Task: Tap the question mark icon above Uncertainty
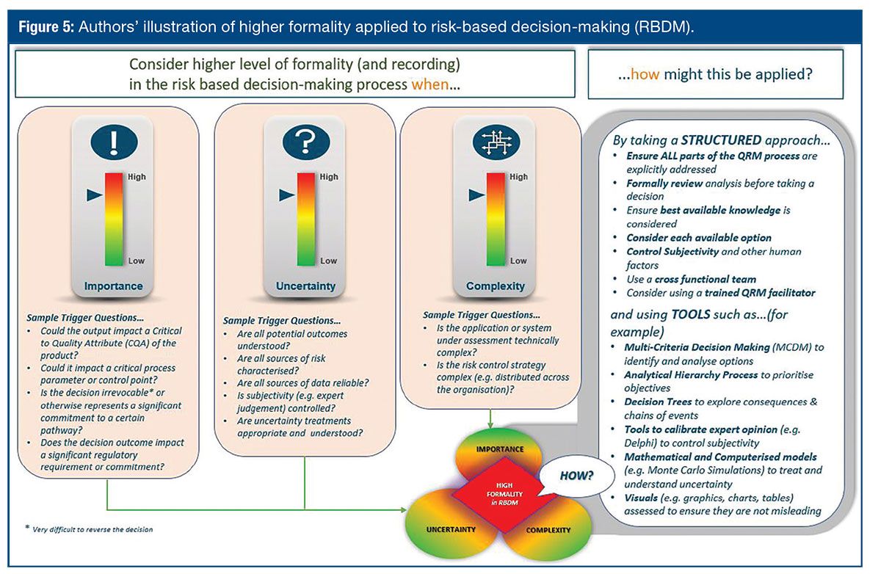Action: [x=305, y=141]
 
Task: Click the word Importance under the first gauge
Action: [x=113, y=286]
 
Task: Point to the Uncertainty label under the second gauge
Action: [x=305, y=286]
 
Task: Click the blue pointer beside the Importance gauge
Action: [x=94, y=195]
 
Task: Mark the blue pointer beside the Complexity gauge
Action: [x=476, y=195]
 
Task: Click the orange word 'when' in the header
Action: [x=424, y=84]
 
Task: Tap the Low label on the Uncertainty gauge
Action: [x=328, y=261]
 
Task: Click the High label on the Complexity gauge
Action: [x=518, y=176]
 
